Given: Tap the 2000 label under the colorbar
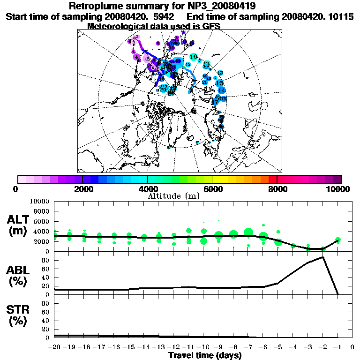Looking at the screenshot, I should pyautogui.click(x=82, y=189).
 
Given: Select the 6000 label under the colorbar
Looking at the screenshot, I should pyautogui.click(x=212, y=189).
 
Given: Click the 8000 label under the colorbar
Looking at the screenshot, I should pyautogui.click(x=277, y=189).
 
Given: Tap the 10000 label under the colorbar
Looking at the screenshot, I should pyautogui.click(x=338, y=189).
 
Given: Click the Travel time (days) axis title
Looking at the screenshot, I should pyautogui.click(x=205, y=356).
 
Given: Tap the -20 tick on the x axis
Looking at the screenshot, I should pyautogui.click(x=54, y=348).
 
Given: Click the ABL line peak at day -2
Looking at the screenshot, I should pyautogui.click(x=323, y=257).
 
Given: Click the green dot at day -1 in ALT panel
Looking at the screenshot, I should pyautogui.click(x=338, y=240).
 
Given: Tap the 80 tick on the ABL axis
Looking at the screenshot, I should pyautogui.click(x=46, y=260).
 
